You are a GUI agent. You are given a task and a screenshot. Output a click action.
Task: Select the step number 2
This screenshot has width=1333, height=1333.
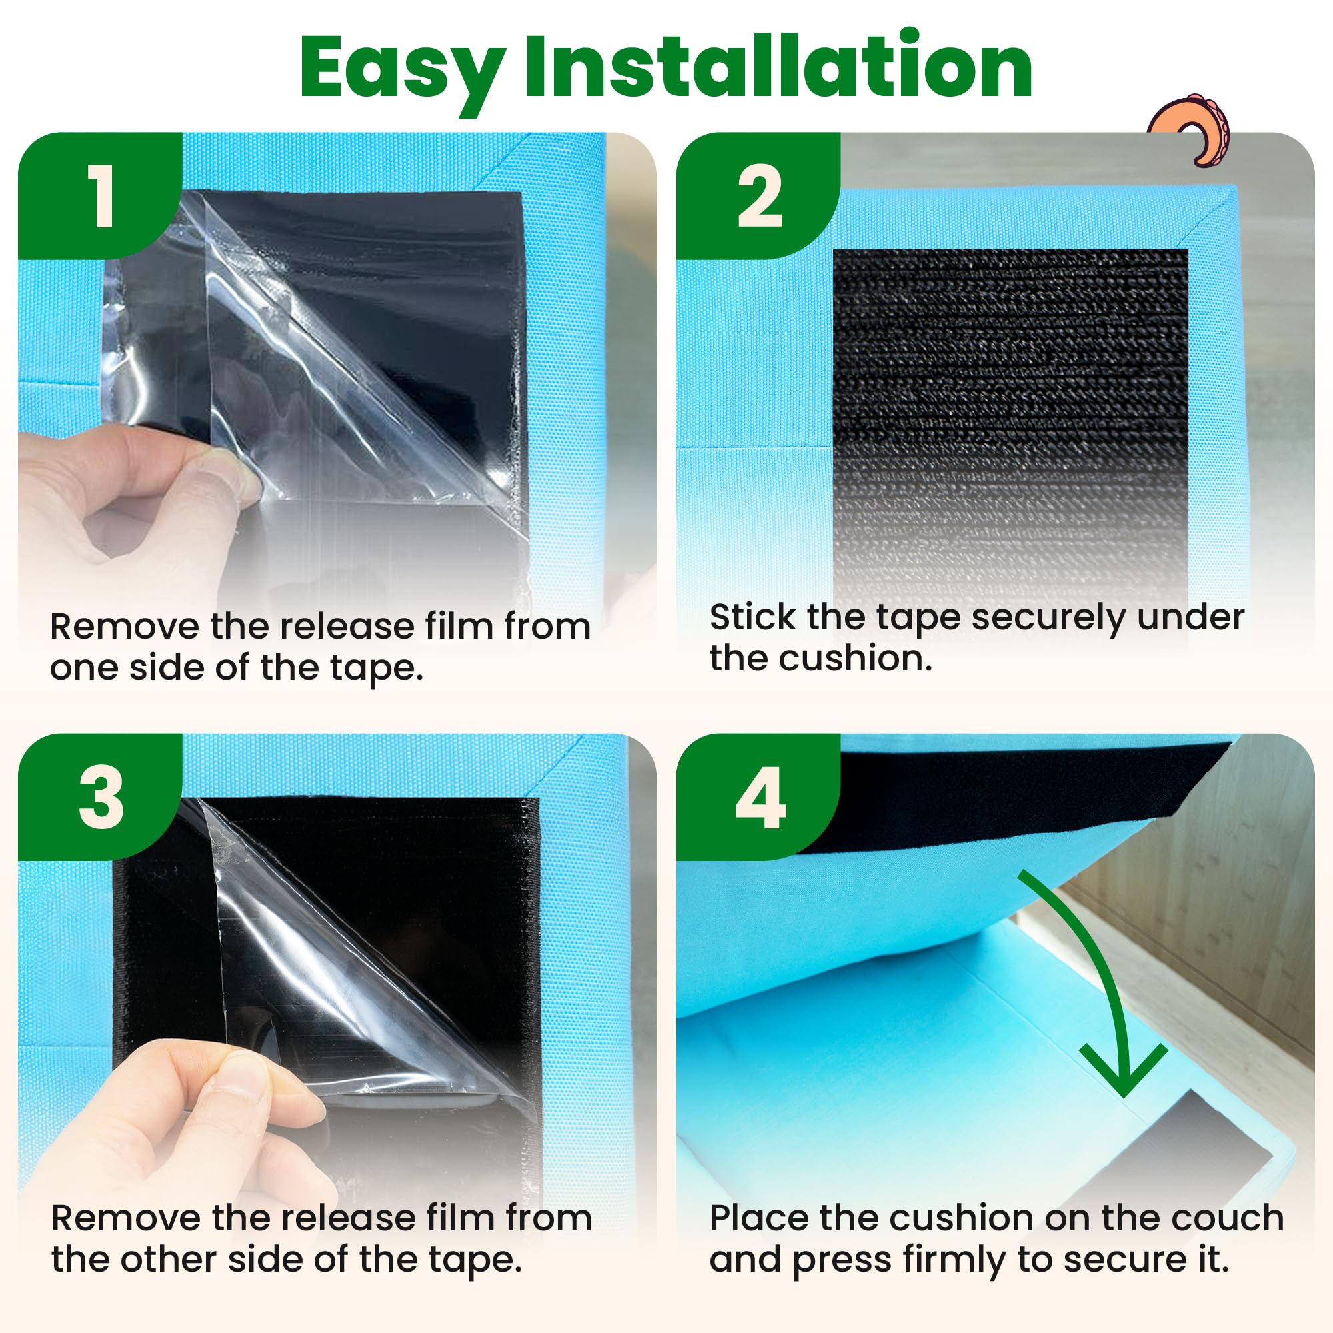(760, 197)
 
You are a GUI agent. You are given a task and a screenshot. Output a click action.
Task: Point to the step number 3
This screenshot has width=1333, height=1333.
(101, 798)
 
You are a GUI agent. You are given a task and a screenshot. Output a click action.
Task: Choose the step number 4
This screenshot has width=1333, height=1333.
(760, 799)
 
